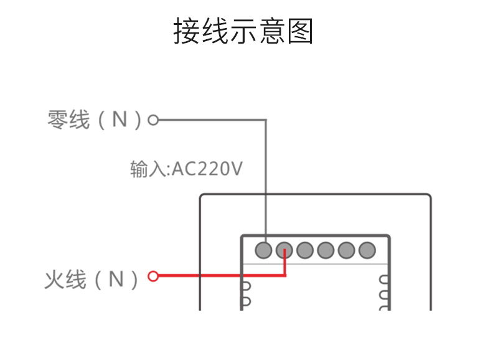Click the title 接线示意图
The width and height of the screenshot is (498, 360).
[243, 31]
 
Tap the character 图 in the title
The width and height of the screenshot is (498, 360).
[301, 31]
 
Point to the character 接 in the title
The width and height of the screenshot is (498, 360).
[186, 31]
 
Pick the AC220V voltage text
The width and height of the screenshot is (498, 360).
[206, 169]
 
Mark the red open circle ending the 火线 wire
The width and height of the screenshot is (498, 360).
[153, 275]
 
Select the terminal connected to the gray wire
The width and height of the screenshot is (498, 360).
[263, 250]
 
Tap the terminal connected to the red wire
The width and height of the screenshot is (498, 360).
[284, 250]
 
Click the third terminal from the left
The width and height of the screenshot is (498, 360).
[304, 250]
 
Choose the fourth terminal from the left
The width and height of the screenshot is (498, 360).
[326, 250]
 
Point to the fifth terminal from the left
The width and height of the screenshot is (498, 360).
[346, 250]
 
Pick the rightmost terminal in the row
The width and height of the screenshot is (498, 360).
[367, 250]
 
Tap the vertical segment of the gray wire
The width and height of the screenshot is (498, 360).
[266, 181]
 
